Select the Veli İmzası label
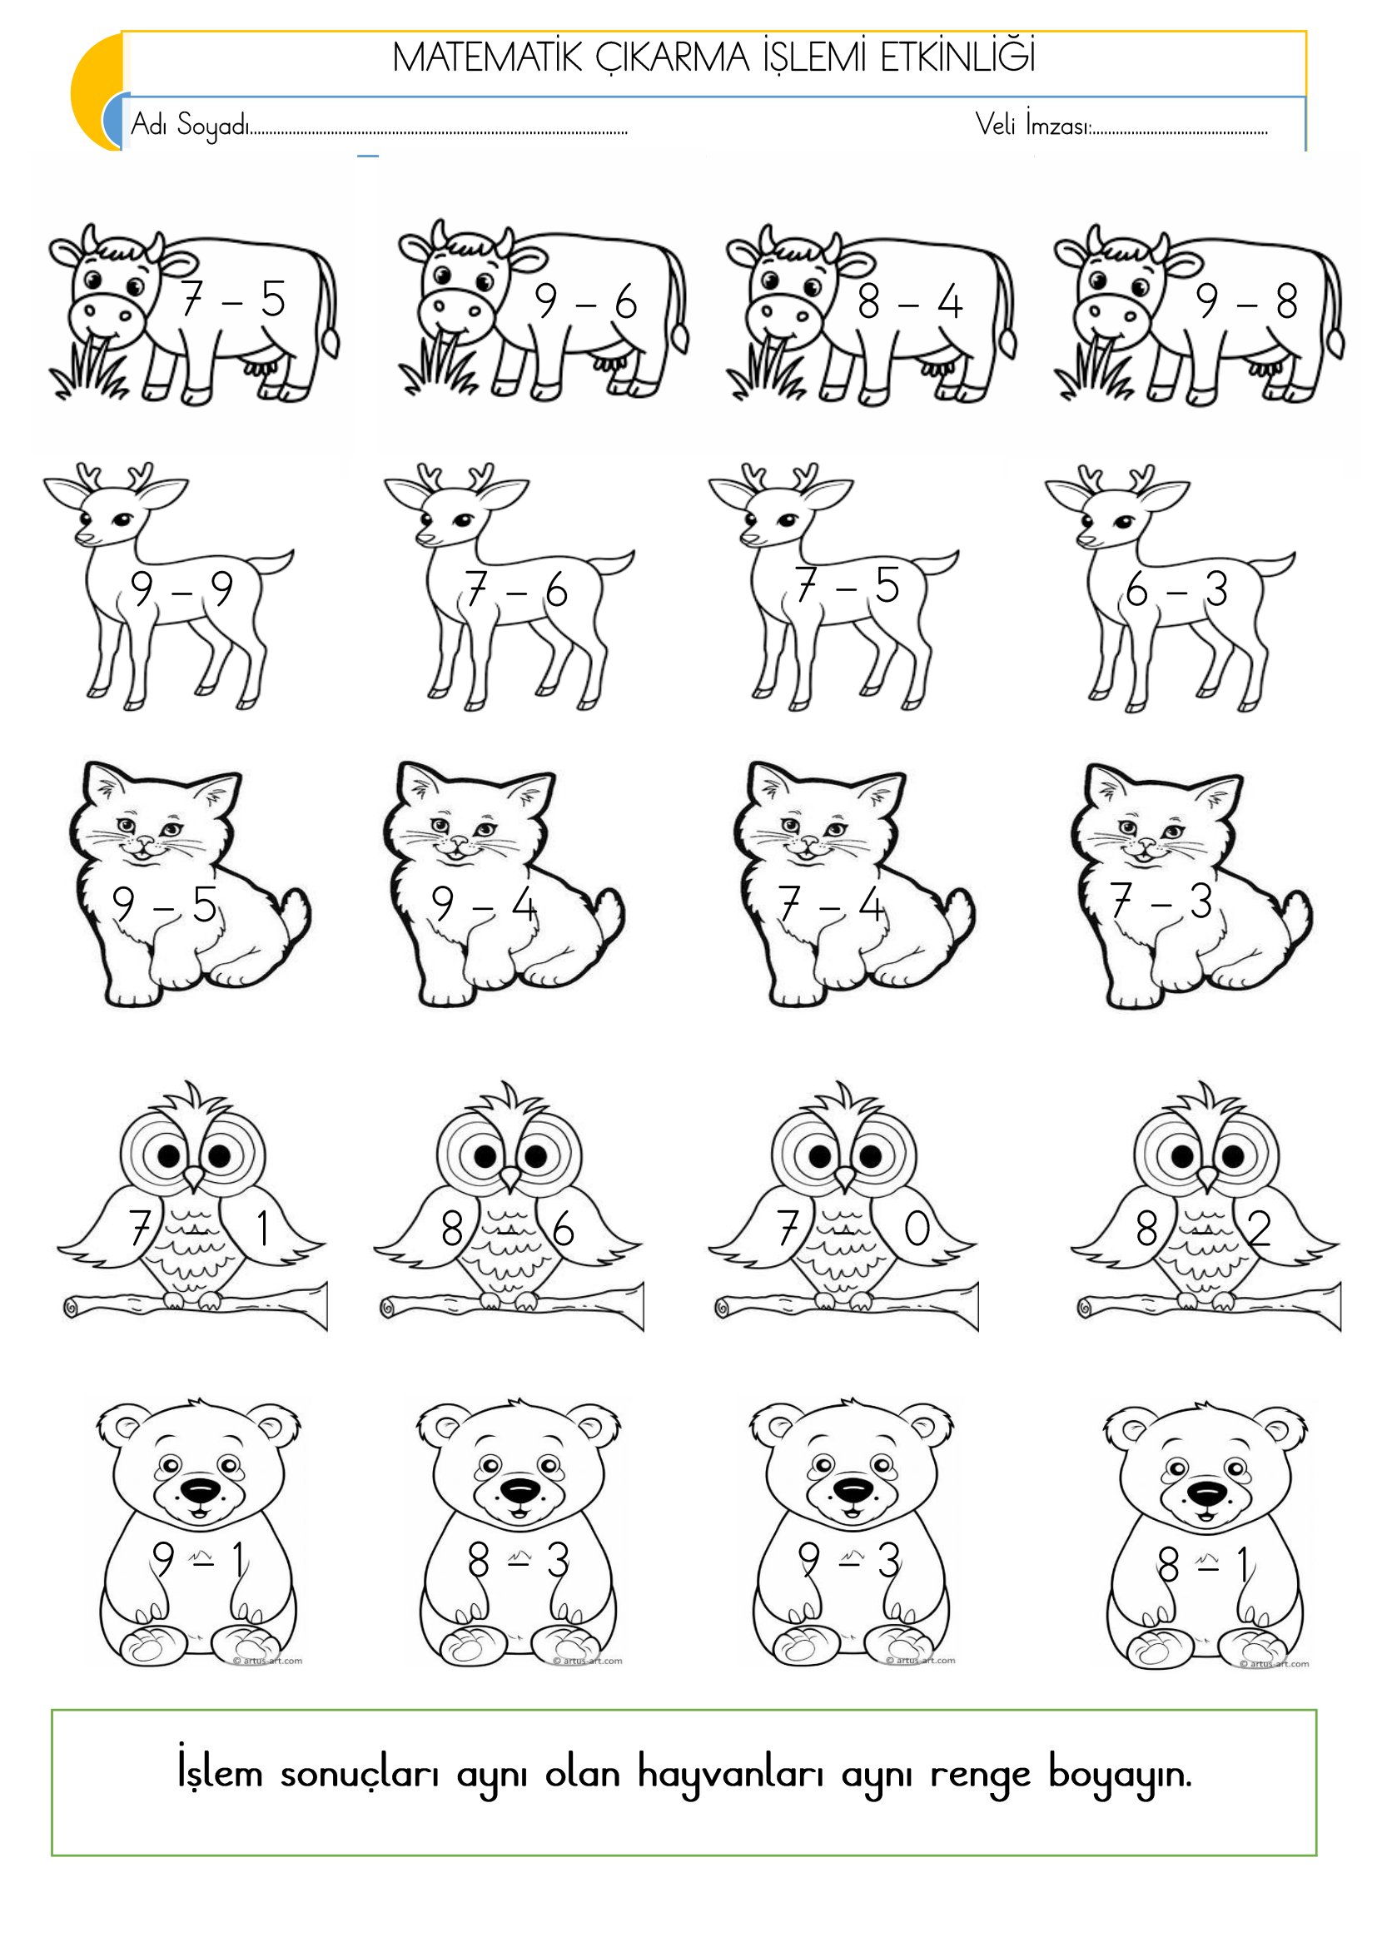pyautogui.click(x=1032, y=125)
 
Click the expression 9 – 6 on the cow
pyautogui.click(x=586, y=301)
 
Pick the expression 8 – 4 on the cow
pyautogui.click(x=910, y=302)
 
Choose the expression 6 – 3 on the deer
pyautogui.click(x=1177, y=589)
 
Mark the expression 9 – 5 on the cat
pyautogui.click(x=165, y=905)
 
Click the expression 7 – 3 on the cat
pyautogui.click(x=1161, y=901)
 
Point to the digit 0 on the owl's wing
pyautogui.click(x=917, y=1229)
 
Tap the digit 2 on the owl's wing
pyautogui.click(x=1260, y=1228)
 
